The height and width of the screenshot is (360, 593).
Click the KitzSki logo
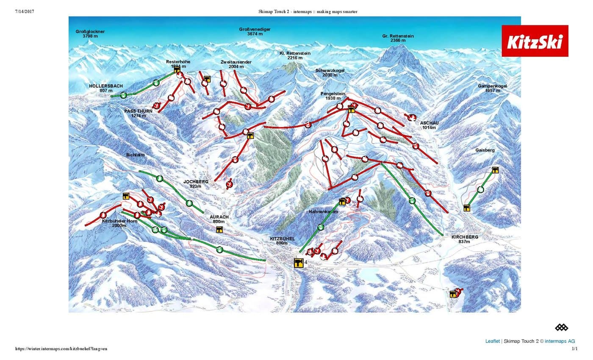point(535,41)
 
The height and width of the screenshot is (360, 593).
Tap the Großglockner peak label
point(90,34)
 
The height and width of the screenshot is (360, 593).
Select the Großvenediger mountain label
point(255,31)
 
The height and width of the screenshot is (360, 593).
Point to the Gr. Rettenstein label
point(398,39)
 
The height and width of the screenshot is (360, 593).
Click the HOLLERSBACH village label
point(106,88)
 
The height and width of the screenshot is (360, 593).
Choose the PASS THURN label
point(139,113)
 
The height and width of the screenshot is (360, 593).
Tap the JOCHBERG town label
point(196,184)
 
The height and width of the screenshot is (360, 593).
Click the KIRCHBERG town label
point(465,239)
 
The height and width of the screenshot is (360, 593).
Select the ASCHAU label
point(430,125)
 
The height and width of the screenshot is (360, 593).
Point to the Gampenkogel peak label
point(493,88)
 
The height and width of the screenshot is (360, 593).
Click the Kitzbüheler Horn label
point(114,223)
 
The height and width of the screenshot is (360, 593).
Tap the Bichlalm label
point(136,155)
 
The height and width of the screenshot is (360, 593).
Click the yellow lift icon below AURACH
point(219,230)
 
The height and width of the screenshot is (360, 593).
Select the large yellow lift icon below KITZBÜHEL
point(299,263)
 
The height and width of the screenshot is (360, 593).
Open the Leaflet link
point(492,341)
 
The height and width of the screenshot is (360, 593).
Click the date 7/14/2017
point(24,11)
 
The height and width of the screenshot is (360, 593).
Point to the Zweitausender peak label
point(236,64)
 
